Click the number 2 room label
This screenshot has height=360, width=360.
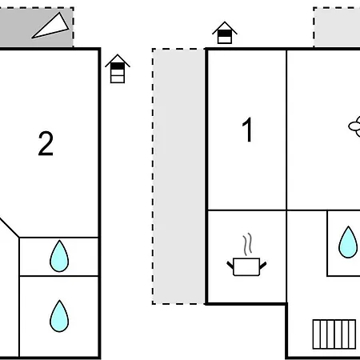coord(46,144)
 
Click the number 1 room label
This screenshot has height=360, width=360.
coord(248,130)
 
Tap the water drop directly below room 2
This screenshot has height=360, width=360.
coord(59,256)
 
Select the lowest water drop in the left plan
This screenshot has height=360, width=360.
coord(59,316)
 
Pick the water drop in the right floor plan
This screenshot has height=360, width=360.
coord(348,242)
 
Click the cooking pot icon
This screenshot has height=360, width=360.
coord(246,266)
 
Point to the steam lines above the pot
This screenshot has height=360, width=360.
coord(248,243)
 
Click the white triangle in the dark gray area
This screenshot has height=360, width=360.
coord(51,27)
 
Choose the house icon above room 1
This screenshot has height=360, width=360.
coord(225,34)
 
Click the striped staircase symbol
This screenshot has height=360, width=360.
coord(334,332)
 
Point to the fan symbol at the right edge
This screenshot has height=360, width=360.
coord(354,124)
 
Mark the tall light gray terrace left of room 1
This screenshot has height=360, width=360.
coord(178,176)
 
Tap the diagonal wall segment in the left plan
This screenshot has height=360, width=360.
coord(9,226)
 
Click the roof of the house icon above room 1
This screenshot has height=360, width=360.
coord(225,27)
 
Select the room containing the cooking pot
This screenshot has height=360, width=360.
coord(246,256)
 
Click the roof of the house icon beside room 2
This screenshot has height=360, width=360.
coord(118,61)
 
